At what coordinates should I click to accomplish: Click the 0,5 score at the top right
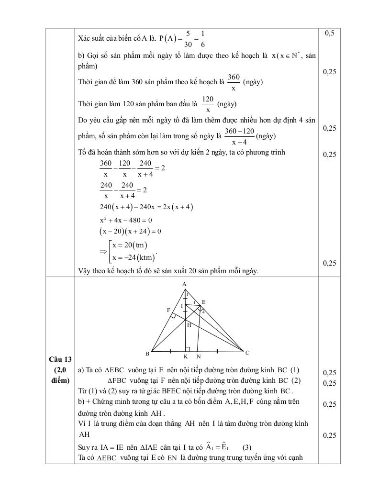click(329, 33)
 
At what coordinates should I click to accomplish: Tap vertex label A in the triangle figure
click(184, 284)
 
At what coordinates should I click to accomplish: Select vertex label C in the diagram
click(247, 353)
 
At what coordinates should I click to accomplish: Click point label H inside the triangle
click(189, 324)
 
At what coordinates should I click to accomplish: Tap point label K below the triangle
click(185, 356)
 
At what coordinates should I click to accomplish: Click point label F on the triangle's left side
click(168, 310)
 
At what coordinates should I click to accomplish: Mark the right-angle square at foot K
click(188, 349)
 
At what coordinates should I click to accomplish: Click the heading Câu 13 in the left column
click(60, 359)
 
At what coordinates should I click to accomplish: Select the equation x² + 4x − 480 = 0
click(125, 220)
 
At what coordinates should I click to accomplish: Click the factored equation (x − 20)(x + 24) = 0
click(130, 231)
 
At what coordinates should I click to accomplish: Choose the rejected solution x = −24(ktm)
click(134, 258)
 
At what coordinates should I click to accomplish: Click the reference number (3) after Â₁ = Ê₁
click(247, 448)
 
